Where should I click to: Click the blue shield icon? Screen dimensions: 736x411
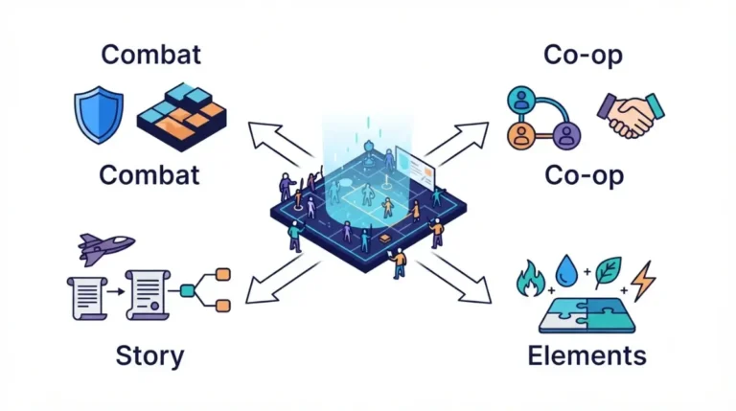[99, 114]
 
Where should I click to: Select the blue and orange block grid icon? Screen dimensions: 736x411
[182, 117]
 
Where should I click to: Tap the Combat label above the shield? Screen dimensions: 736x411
[151, 55]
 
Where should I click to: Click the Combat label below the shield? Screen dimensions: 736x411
[149, 175]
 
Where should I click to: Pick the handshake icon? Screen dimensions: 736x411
[631, 115]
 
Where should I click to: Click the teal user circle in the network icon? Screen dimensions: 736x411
[521, 100]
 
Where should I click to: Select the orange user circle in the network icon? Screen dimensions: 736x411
[521, 136]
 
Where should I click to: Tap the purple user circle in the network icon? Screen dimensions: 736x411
[566, 136]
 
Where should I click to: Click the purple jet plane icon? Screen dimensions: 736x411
[106, 248]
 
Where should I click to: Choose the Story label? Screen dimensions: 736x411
[149, 356]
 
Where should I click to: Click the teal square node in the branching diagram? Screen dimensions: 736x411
[187, 291]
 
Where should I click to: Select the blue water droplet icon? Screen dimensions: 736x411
[566, 271]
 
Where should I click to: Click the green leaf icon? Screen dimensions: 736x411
[609, 272]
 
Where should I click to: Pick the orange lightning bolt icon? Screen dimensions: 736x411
[643, 281]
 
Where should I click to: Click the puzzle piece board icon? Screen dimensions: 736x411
[586, 316]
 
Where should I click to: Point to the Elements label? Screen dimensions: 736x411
[586, 355]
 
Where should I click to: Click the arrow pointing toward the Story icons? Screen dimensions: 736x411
[281, 280]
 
